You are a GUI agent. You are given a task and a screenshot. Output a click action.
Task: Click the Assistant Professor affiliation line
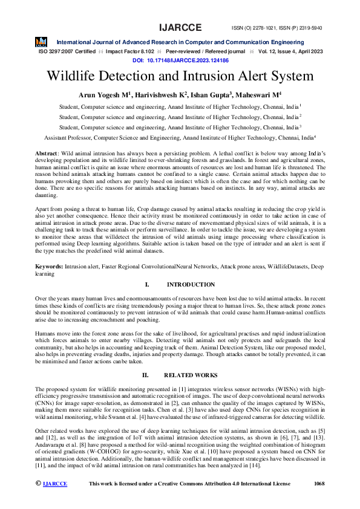(180, 138)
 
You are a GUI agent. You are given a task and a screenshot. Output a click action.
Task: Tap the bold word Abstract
(47, 154)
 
